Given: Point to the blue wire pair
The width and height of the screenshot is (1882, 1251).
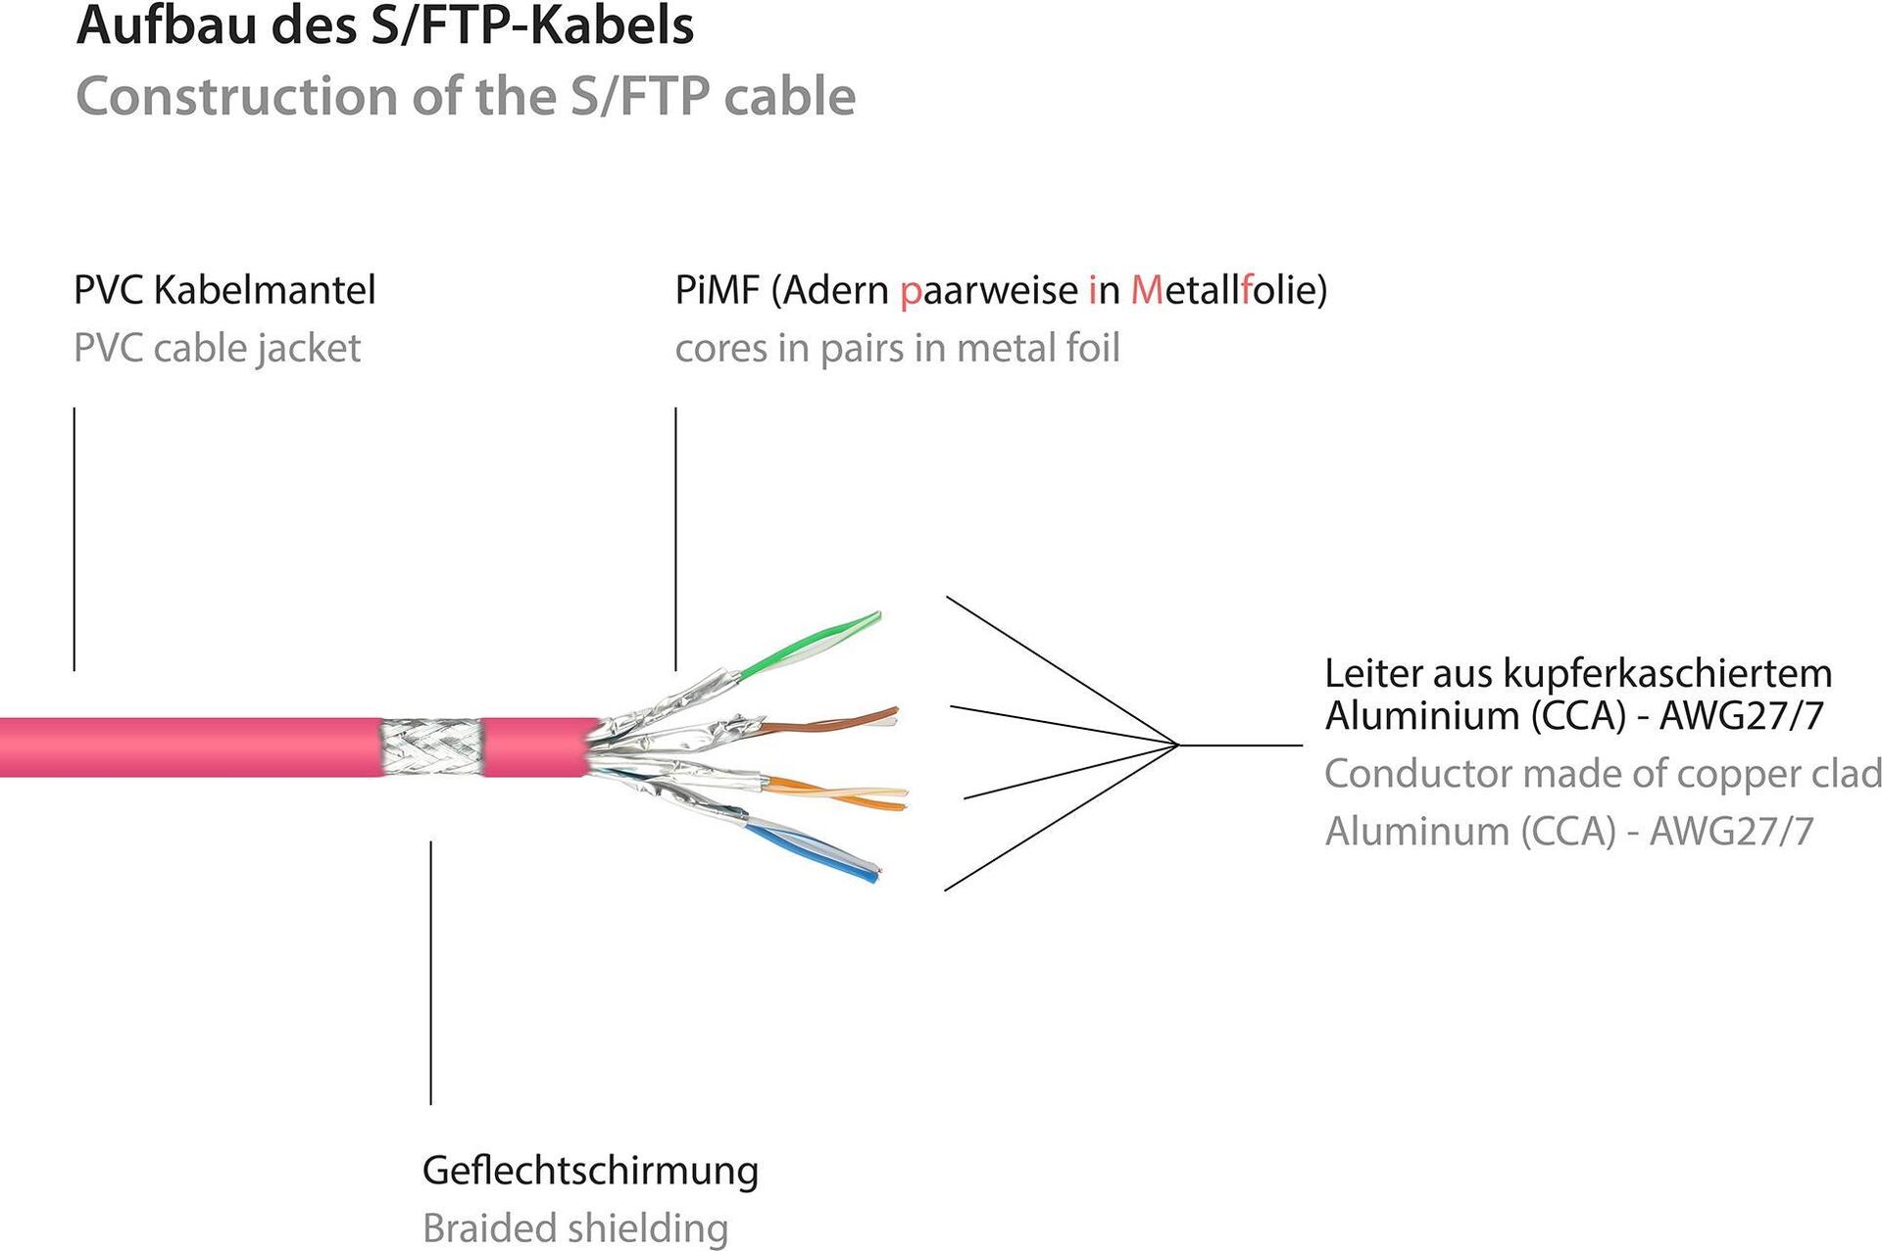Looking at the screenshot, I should (x=814, y=847).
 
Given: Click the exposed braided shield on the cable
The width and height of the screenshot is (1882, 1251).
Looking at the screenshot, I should (x=432, y=746).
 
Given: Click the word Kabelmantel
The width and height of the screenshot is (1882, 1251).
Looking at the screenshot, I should (x=265, y=290).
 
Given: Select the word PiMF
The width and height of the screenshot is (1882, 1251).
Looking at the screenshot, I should (x=717, y=290).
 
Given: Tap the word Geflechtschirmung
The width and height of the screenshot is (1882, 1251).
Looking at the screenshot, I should (x=590, y=1171).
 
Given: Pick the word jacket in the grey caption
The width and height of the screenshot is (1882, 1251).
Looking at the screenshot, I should (x=308, y=349).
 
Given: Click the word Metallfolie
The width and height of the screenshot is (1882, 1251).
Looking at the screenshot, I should (x=1229, y=290).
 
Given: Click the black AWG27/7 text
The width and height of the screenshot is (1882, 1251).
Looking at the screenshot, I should (x=1741, y=716).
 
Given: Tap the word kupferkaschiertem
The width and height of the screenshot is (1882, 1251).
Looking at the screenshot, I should (x=1667, y=674).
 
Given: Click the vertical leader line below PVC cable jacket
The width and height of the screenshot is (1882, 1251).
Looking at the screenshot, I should (x=74, y=539).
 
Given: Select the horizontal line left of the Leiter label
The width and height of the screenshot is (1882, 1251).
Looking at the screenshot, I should (x=1240, y=746).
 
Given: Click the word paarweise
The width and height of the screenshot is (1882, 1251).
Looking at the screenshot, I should (x=989, y=290).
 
